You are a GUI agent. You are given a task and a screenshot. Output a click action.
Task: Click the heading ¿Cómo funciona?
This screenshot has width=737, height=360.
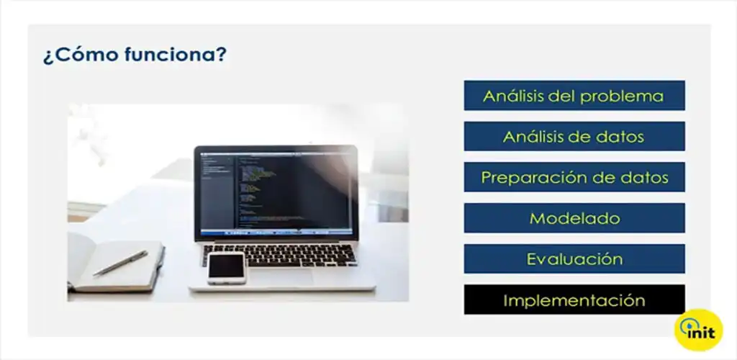pos(134,55)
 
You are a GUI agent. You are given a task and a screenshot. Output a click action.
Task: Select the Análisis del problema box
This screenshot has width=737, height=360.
pos(574,96)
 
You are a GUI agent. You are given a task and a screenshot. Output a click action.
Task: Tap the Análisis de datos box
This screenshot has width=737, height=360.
pos(574,137)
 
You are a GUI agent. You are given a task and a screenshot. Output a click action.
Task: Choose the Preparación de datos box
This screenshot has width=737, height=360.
pos(574,177)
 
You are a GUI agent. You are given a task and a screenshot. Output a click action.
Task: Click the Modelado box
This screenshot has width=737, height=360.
pos(574,218)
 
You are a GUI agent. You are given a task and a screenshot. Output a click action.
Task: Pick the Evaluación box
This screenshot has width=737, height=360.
pos(574,258)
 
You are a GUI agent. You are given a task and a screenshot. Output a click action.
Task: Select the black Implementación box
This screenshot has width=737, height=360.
pos(574,300)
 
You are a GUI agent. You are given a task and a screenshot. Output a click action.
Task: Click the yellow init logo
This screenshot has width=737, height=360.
pos(698,330)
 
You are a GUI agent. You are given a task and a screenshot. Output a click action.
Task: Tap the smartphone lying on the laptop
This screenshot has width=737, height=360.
pos(227,267)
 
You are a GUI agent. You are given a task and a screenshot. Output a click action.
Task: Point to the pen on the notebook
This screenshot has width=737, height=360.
pos(120,263)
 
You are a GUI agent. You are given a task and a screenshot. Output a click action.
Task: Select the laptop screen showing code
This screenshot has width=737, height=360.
pos(276,192)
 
